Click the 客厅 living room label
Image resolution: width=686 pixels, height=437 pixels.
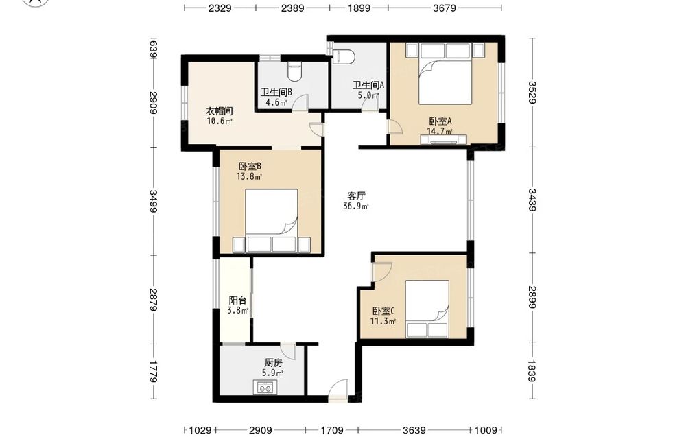point(356,196)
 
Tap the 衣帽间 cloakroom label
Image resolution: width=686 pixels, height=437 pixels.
point(220,111)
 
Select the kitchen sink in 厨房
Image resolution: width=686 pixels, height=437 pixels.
point(265,388)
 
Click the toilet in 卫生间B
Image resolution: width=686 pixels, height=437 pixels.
point(295,71)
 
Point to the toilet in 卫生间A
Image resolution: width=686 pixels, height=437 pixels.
point(344,57)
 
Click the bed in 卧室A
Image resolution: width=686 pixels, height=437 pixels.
point(445,73)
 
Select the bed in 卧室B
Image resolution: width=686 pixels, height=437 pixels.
point(272,221)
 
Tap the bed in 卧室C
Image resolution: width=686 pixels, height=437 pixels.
point(427,309)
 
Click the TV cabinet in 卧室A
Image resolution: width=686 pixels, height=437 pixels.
point(444,140)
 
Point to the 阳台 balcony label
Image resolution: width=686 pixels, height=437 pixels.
point(237,300)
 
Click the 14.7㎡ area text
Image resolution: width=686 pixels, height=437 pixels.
point(440,131)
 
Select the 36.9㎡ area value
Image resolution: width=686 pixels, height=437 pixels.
point(356,206)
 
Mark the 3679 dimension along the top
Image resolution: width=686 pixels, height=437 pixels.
point(445,8)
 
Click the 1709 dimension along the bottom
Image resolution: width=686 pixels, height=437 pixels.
point(332,430)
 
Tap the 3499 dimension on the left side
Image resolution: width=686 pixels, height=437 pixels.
point(153,202)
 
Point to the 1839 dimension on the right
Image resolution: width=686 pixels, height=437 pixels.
point(532,370)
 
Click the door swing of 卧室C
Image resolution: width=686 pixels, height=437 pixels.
point(381,272)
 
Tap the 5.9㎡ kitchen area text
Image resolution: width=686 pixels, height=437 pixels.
point(272,373)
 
